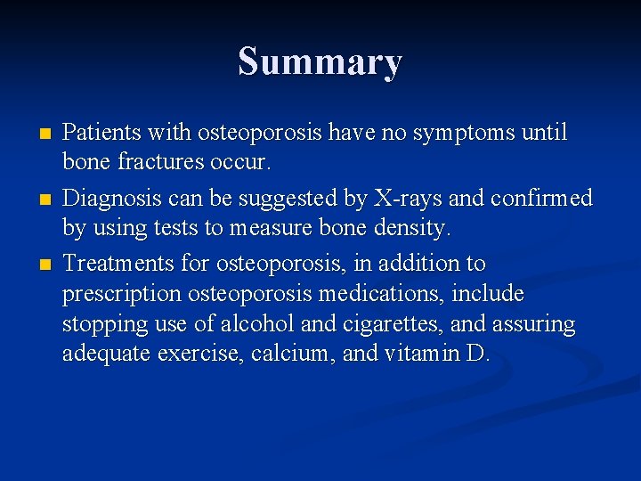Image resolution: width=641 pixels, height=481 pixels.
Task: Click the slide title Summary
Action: tap(320, 62)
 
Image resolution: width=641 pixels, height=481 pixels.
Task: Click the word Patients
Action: tap(99, 133)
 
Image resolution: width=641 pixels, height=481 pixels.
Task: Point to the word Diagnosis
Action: tap(108, 197)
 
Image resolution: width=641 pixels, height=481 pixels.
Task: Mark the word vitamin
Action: tap(421, 355)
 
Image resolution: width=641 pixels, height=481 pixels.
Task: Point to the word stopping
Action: tap(101, 325)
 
